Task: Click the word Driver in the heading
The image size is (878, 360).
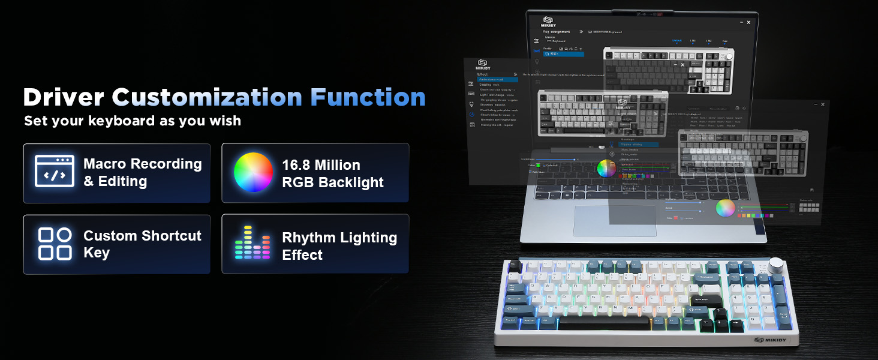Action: click(64, 97)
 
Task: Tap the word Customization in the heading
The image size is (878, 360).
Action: click(207, 97)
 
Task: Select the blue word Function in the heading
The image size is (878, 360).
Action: click(368, 97)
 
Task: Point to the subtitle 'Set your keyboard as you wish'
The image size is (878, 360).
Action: click(133, 121)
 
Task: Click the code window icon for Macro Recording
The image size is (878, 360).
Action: click(55, 172)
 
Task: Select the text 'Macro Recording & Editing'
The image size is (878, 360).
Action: click(143, 173)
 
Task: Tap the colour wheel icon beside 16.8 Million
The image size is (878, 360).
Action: click(253, 172)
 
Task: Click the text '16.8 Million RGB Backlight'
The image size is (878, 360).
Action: click(333, 173)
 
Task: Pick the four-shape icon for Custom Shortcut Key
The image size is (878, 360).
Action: click(55, 244)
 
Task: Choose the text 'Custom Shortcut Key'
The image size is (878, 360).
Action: click(142, 244)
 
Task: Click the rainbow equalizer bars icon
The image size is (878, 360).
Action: click(253, 244)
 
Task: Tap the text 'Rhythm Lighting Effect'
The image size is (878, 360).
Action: click(339, 246)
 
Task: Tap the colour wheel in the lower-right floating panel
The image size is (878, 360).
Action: click(726, 208)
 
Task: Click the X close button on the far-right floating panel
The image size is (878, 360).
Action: click(822, 104)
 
